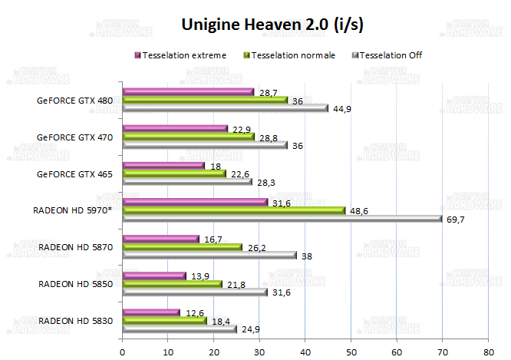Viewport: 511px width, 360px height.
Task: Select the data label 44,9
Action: coord(341,109)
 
